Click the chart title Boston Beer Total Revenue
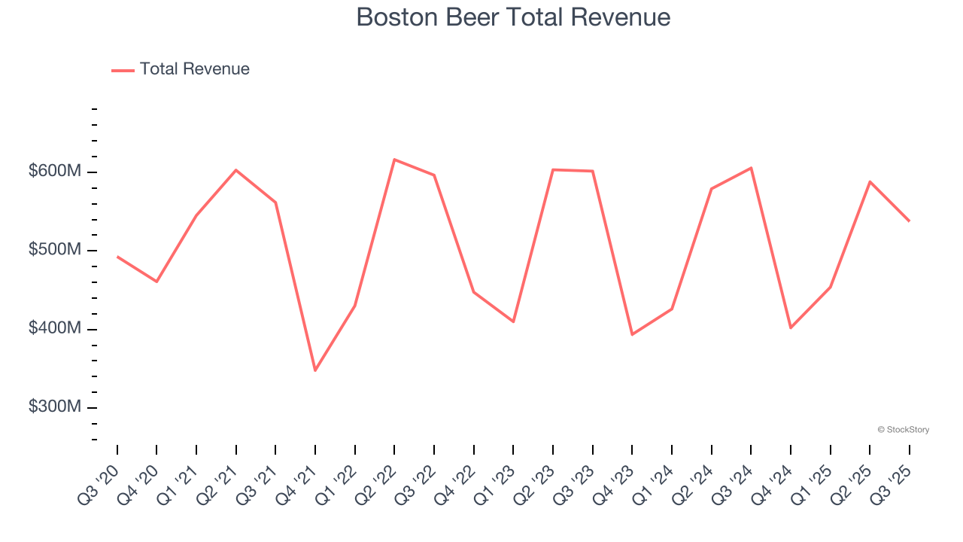(513, 17)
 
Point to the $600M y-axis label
(55, 172)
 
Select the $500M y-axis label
(55, 250)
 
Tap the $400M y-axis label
(55, 329)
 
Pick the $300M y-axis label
(55, 407)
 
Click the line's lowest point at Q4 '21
(315, 370)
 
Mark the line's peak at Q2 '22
(394, 160)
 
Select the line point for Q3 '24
(751, 168)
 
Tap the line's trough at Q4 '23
(632, 334)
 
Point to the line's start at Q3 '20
(117, 257)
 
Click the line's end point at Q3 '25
(909, 221)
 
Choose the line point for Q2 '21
(236, 170)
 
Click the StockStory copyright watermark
(903, 430)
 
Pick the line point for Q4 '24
(791, 327)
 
